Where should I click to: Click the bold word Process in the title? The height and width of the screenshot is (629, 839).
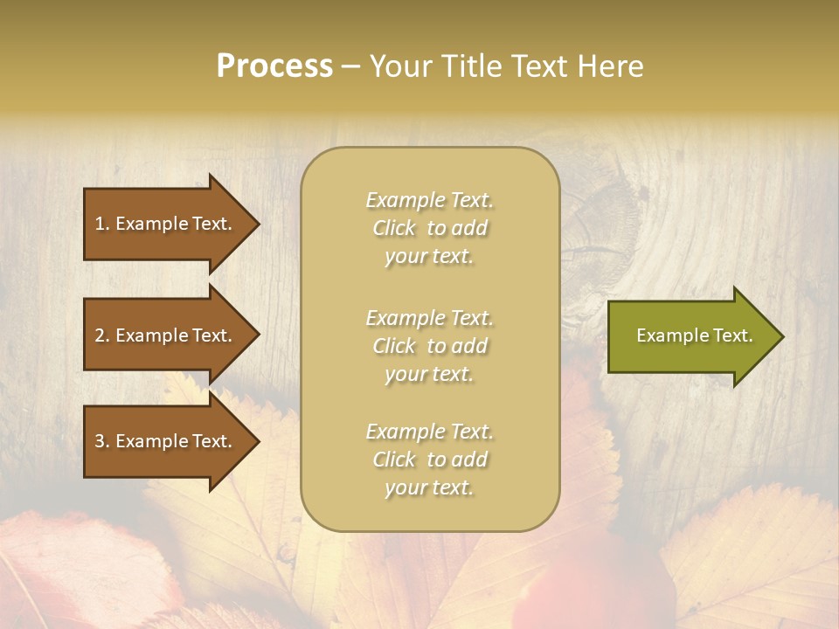click(x=274, y=66)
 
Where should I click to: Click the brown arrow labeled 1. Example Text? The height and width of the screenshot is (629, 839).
click(x=166, y=224)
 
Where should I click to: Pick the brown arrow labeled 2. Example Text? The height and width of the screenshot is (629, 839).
click(x=166, y=335)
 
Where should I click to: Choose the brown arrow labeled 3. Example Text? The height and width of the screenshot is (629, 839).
click(x=166, y=441)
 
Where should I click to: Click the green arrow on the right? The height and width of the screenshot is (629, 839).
click(x=690, y=335)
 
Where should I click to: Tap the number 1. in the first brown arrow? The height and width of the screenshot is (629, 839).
click(x=102, y=224)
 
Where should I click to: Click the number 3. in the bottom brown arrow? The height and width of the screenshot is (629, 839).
click(x=102, y=441)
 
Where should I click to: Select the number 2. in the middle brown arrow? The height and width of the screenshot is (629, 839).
click(x=102, y=335)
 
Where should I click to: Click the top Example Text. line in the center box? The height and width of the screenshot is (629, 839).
click(x=430, y=200)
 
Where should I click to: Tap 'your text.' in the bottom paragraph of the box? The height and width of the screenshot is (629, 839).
click(x=430, y=487)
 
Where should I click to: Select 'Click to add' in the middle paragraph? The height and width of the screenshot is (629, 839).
click(x=430, y=346)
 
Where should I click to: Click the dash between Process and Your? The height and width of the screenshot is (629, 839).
click(x=350, y=67)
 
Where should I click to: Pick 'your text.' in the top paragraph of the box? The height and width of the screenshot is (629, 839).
click(x=430, y=256)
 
